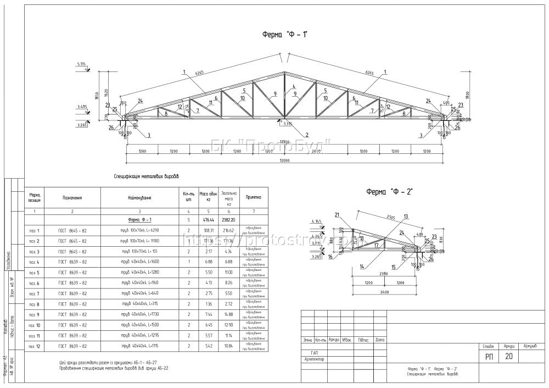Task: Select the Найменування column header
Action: tap(139, 197)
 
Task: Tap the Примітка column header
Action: tap(253, 197)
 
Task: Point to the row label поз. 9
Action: tap(34, 314)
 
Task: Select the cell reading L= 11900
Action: tap(139, 241)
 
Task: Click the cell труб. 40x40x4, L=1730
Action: tap(139, 314)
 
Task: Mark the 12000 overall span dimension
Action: tap(284, 160)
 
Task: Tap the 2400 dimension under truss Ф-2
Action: tap(384, 292)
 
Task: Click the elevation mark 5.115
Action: tap(82, 65)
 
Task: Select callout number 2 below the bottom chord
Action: tap(307, 135)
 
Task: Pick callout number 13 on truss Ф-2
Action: tap(406, 217)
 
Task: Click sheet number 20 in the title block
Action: tap(508, 357)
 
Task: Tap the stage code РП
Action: tap(489, 357)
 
